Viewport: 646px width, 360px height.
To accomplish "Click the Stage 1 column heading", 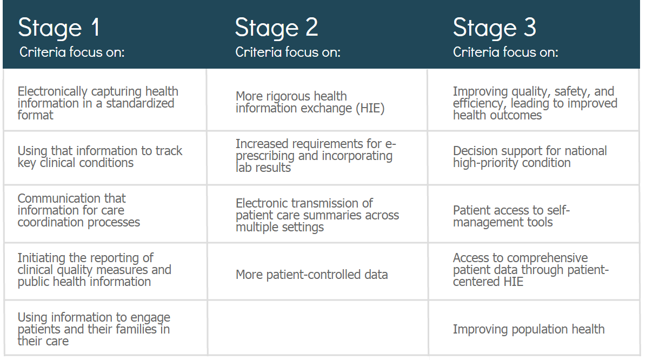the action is (x=58, y=28).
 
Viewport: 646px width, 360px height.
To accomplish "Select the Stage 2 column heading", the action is (x=276, y=28).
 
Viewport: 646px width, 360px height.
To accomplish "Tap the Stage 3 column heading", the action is (x=495, y=28).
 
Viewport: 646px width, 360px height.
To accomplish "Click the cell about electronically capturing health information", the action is (x=105, y=100).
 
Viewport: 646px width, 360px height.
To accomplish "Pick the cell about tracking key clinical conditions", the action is (x=105, y=158).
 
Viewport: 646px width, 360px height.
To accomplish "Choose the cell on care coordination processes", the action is (x=105, y=214).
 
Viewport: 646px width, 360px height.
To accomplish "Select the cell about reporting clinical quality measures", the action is (x=105, y=271).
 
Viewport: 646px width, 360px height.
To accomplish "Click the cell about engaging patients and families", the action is (x=105, y=328).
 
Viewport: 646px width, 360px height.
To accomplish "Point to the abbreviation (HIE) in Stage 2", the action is (x=370, y=108).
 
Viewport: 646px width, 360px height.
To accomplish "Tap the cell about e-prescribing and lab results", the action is (x=317, y=158).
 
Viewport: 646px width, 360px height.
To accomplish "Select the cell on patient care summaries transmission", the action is (x=317, y=214).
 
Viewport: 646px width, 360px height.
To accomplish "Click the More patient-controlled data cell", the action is (x=317, y=271).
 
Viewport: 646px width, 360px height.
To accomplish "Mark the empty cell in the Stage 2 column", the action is (x=317, y=328).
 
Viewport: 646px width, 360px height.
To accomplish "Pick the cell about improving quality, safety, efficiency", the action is (x=534, y=100).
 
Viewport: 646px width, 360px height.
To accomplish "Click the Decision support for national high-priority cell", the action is (x=534, y=158).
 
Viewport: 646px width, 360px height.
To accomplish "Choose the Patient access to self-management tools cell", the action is (x=534, y=214).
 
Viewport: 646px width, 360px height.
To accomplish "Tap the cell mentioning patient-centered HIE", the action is (x=534, y=271).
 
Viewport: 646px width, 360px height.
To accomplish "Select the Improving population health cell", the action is (x=534, y=328).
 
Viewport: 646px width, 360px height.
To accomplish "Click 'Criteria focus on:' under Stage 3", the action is (x=505, y=52).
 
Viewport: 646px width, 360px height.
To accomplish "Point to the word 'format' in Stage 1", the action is (x=36, y=115).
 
